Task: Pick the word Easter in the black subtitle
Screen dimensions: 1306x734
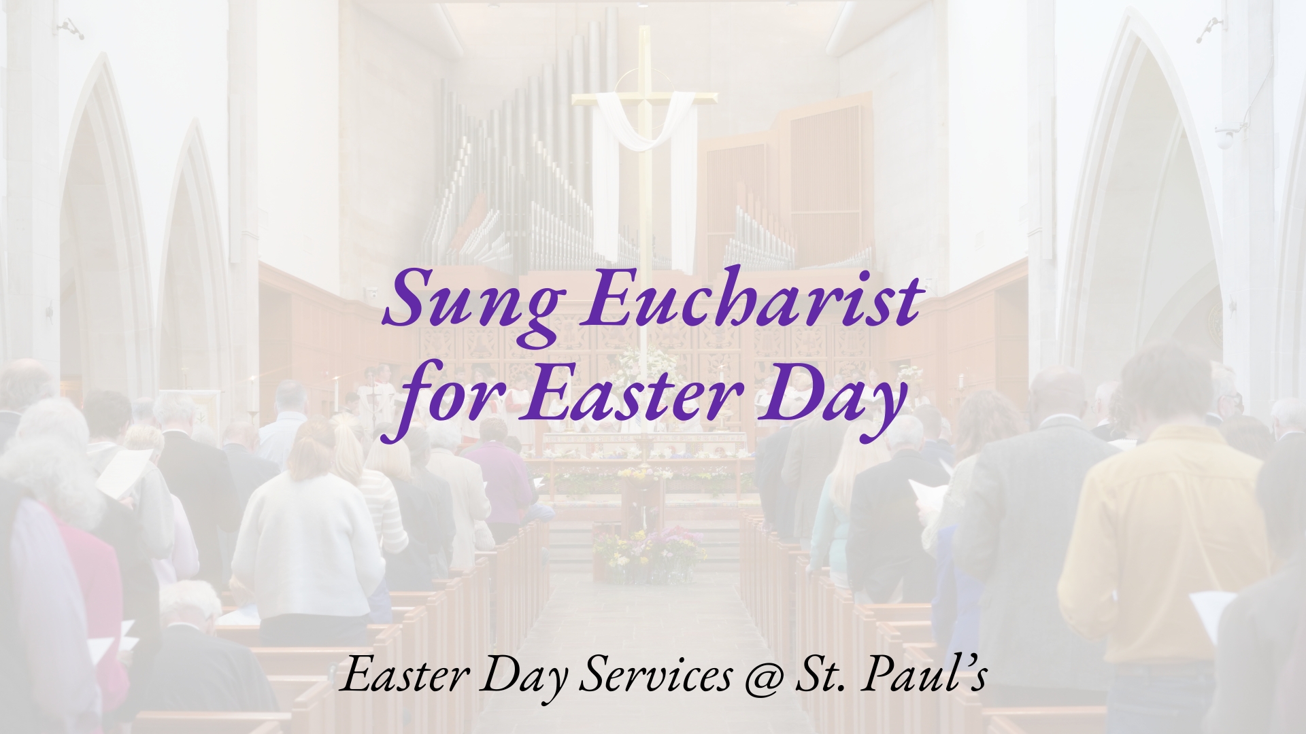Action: tap(405, 676)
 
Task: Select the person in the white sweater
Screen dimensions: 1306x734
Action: tap(309, 537)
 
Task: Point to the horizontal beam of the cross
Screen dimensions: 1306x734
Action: tap(643, 99)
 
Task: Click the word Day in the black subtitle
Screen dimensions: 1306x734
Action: tap(524, 679)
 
